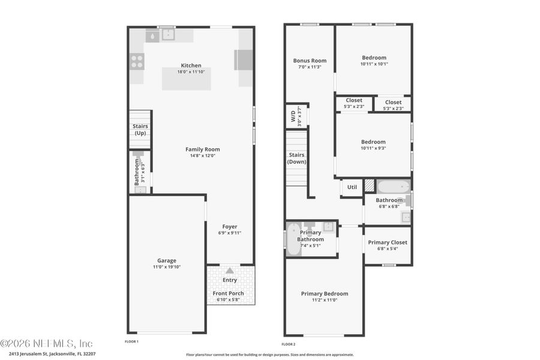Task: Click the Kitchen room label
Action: tap(191, 65)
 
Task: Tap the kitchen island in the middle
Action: tap(186, 79)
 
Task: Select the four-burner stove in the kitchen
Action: tap(137, 61)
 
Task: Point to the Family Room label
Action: tap(202, 149)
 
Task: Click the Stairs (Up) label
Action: tap(140, 130)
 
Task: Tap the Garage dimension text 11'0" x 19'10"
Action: tap(167, 268)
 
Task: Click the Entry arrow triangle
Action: tap(230, 271)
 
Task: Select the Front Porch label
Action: tap(228, 293)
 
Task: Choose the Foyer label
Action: tap(230, 226)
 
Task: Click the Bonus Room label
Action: tap(310, 61)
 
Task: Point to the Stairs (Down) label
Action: tap(296, 158)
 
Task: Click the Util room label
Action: tap(352, 187)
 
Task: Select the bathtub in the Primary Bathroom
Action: tap(293, 239)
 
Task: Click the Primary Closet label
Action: tap(388, 242)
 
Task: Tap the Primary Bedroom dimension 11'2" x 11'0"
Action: tap(324, 300)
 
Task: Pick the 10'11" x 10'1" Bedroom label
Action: tap(374, 58)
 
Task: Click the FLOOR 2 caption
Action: tap(289, 344)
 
